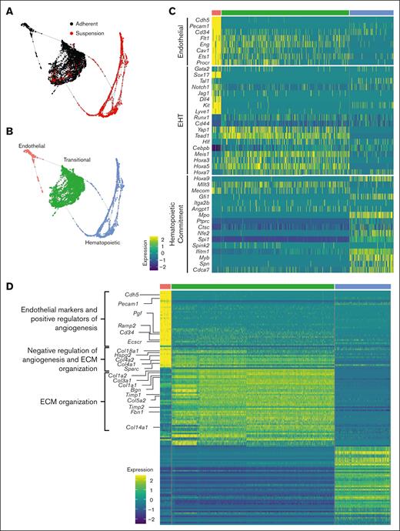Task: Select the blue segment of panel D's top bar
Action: coord(364,286)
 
